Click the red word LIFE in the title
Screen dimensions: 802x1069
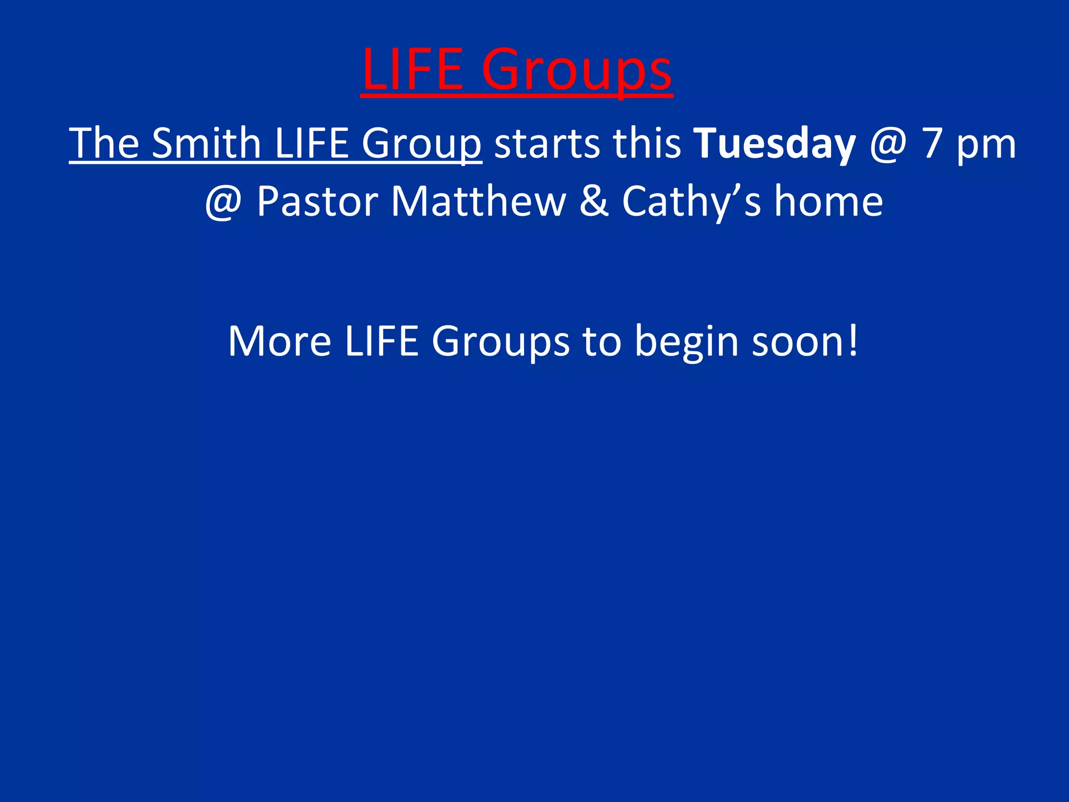[412, 69]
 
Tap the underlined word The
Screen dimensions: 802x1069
[104, 143]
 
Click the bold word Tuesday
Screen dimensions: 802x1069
[775, 144]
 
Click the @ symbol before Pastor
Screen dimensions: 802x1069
[223, 202]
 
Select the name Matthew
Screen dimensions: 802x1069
[478, 202]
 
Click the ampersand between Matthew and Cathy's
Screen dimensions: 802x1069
[594, 202]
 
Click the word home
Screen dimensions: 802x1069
[828, 202]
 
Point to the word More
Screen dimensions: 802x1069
[279, 341]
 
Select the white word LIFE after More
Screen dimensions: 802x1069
[382, 341]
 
